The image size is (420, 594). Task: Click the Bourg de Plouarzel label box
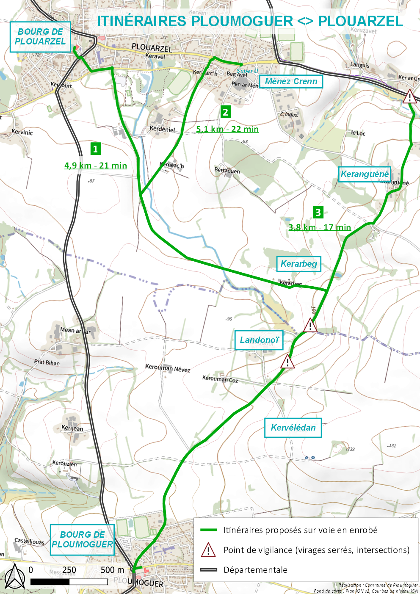click(40, 37)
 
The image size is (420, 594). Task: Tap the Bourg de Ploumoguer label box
click(82, 539)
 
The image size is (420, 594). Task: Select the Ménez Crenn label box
click(291, 81)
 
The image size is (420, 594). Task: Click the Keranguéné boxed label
click(365, 174)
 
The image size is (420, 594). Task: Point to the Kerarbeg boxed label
click(298, 264)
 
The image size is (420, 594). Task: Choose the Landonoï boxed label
click(259, 340)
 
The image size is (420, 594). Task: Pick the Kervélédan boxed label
click(293, 428)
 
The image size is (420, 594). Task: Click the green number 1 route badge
click(95, 149)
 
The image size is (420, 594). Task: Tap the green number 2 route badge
click(226, 112)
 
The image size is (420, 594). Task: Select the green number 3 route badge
click(318, 212)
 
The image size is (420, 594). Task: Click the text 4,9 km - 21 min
click(96, 166)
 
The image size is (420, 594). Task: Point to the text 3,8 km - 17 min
click(320, 227)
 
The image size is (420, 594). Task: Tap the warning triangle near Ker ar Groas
click(409, 97)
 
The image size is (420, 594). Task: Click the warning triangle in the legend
click(208, 550)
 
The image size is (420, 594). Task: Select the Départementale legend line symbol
click(208, 570)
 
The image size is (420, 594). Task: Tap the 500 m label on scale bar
click(113, 570)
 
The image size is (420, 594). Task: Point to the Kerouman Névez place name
click(168, 368)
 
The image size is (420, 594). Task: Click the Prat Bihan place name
click(47, 362)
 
